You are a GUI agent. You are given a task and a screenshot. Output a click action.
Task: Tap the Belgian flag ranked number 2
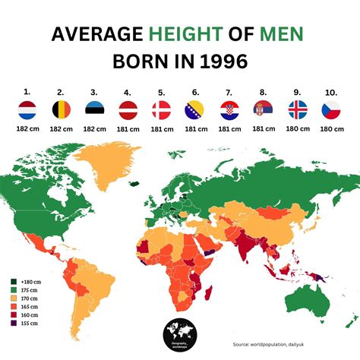coord(61,109)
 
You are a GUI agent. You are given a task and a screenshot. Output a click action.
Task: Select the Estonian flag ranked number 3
coord(95,109)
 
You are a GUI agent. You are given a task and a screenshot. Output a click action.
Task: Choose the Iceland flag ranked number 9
coord(298,109)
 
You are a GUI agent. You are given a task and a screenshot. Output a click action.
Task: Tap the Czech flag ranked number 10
coord(331,109)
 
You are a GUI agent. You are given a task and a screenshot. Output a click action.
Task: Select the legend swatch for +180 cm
coord(14,279)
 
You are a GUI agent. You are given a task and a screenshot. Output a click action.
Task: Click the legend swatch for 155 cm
coord(14,322)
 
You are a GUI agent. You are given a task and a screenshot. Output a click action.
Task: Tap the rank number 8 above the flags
coord(264,90)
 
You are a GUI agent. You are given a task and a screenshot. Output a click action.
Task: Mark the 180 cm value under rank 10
coord(331,129)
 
